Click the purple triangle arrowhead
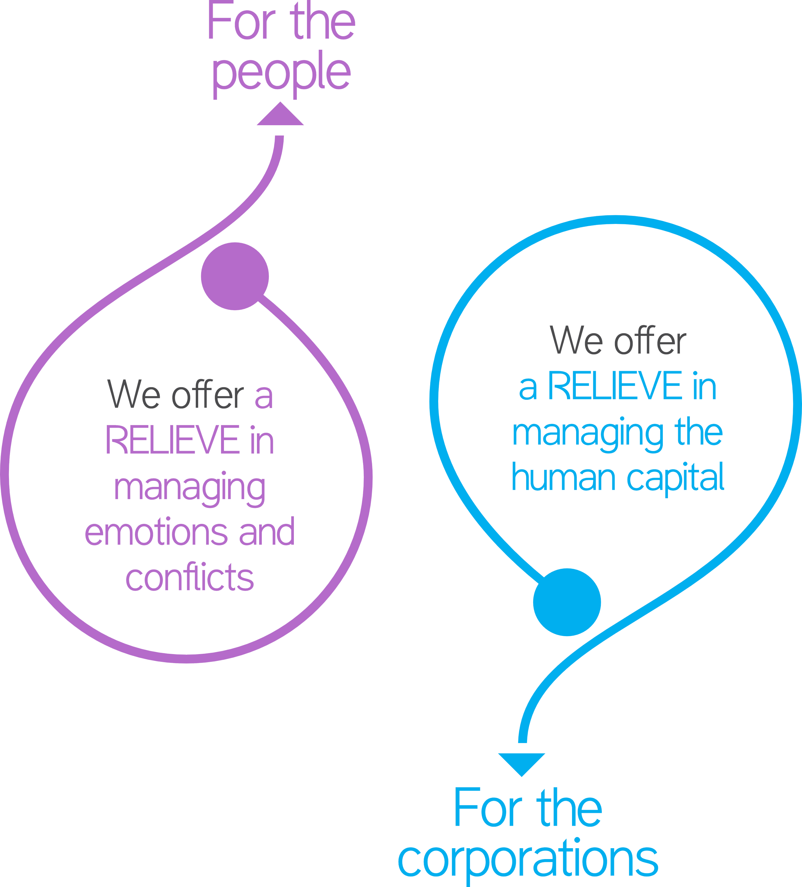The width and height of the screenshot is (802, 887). tap(280, 116)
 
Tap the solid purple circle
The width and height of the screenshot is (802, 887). tap(235, 276)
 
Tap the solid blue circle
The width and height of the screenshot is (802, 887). tap(567, 601)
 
